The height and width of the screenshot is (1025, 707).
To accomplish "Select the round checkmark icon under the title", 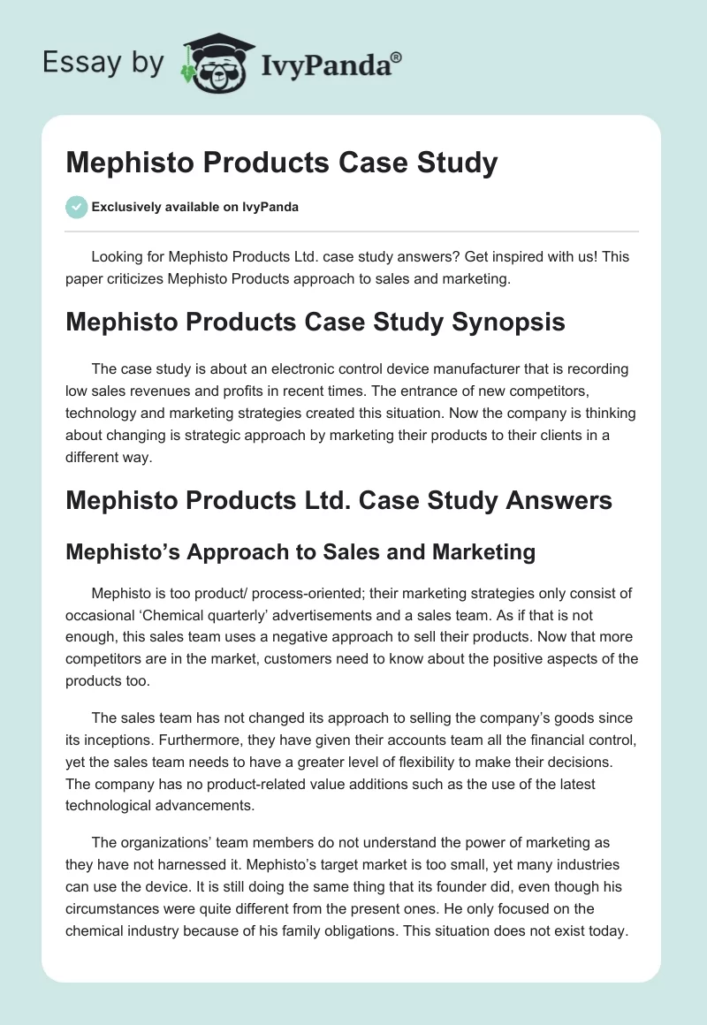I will [x=76, y=207].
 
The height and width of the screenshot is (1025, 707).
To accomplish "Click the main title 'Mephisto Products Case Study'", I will [x=282, y=163].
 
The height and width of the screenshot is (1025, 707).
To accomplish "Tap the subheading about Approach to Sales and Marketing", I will [x=300, y=552].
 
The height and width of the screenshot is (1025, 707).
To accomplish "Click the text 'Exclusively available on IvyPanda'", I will [x=195, y=208].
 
